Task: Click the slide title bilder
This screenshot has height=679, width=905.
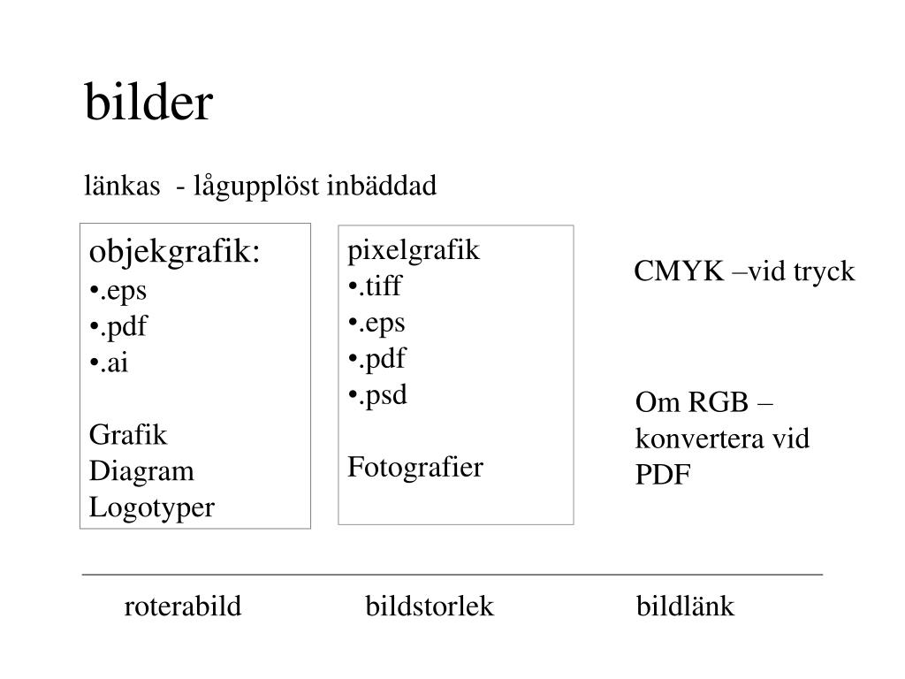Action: (148, 103)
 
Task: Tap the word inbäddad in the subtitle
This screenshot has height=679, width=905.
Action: (382, 187)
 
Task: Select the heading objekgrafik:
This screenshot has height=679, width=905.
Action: (176, 252)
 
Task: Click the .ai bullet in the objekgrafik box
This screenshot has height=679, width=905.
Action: (110, 363)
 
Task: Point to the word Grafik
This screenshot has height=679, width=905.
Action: (128, 435)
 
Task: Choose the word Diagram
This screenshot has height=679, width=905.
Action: (141, 471)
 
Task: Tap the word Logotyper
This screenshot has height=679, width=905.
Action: (152, 507)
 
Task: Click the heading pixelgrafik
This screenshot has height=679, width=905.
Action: (414, 250)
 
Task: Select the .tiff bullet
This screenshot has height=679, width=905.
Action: (375, 286)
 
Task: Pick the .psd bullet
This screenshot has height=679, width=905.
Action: (378, 394)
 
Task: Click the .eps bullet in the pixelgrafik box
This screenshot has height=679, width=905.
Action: (377, 323)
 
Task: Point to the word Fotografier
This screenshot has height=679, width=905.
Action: (415, 467)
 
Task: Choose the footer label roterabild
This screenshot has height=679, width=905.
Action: (183, 607)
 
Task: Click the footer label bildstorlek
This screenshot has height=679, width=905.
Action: (430, 607)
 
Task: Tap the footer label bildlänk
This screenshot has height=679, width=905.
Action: (685, 607)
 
